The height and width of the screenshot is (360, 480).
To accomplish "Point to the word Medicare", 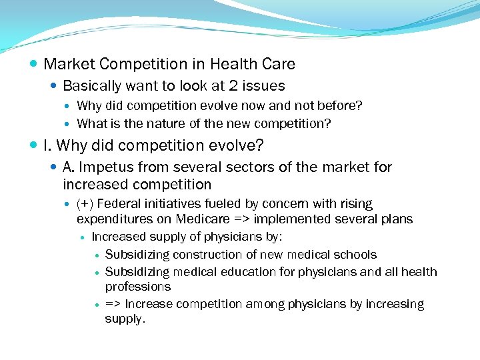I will [x=215, y=219].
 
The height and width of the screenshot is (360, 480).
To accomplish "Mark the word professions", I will [x=138, y=287].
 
